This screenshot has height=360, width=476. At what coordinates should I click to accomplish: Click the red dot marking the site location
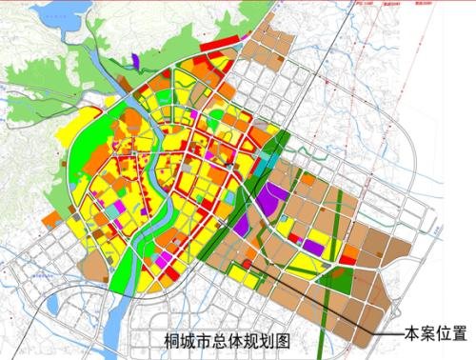pyautogui.click(x=246, y=264)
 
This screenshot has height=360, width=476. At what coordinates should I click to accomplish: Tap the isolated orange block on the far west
pyautogui.click(x=50, y=219)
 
